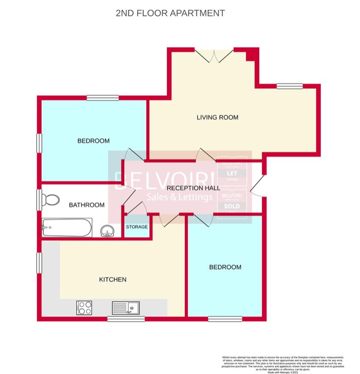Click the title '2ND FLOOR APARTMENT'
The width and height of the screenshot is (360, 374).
pyautogui.click(x=170, y=13)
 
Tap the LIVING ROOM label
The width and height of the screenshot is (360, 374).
pyautogui.click(x=217, y=117)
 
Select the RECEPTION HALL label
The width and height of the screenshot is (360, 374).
pyautogui.click(x=193, y=187)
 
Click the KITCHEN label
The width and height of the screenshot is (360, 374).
pyautogui.click(x=113, y=280)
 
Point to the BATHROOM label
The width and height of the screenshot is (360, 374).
pyautogui.click(x=87, y=205)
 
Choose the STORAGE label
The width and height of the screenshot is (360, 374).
pyautogui.click(x=137, y=227)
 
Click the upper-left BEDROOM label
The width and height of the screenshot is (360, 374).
pyautogui.click(x=93, y=141)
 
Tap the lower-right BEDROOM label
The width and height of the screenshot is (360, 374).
pyautogui.click(x=225, y=267)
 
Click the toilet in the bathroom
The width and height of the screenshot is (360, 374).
pyautogui.click(x=50, y=200)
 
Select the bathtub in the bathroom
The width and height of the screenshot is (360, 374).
pyautogui.click(x=67, y=226)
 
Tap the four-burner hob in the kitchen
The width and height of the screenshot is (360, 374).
pyautogui.click(x=85, y=307)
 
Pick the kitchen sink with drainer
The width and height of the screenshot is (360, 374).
pyautogui.click(x=126, y=307)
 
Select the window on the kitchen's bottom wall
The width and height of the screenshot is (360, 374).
pyautogui.click(x=119, y=319)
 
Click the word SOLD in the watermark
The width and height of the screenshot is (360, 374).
pyautogui.click(x=232, y=206)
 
